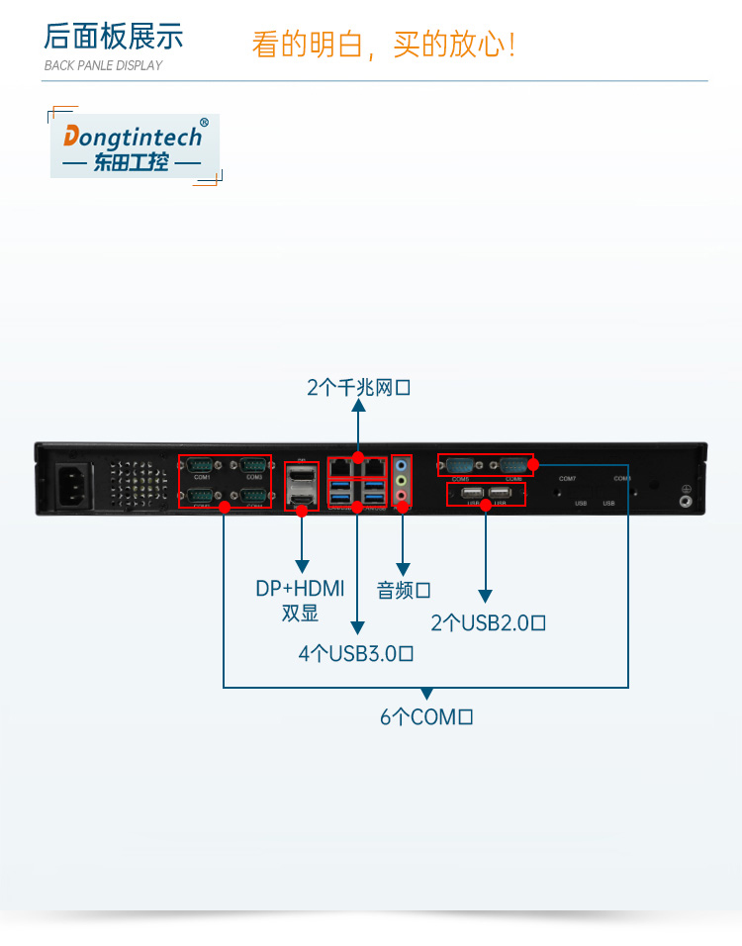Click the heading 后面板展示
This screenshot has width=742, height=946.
pos(114,37)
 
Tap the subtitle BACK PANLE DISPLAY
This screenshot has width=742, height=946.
pos(103,65)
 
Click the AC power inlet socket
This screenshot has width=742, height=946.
pos(80,482)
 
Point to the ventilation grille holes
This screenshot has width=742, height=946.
pos(135,484)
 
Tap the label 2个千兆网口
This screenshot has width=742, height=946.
pos(358,388)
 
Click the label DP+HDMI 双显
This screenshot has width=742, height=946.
pos(300,600)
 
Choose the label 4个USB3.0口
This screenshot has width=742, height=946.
pos(356,653)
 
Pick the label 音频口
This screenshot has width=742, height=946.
pos(404,591)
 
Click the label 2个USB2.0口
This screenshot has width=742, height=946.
pos(489,622)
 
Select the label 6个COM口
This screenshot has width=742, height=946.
pos(426,716)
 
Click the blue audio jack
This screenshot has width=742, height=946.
pos(402,463)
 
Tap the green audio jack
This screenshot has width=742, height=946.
pos(402,480)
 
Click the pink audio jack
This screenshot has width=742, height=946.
pos(402,495)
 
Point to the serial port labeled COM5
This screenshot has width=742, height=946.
pos(460,464)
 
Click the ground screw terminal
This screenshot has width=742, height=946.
pos(685,501)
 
